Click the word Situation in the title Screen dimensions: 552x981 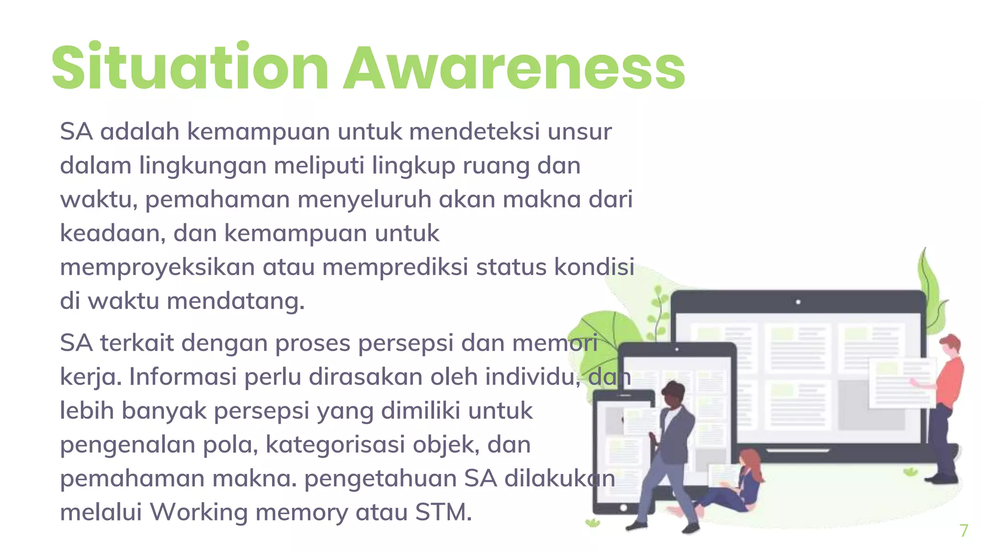190,68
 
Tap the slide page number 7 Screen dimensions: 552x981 964,530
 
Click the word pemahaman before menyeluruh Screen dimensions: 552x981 217,199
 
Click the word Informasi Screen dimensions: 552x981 183,377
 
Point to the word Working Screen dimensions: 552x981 199,512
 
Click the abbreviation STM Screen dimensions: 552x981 443,512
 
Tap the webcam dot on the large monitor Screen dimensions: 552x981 798,302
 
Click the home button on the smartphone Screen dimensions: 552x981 623,508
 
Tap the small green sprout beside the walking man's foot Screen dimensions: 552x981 593,522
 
